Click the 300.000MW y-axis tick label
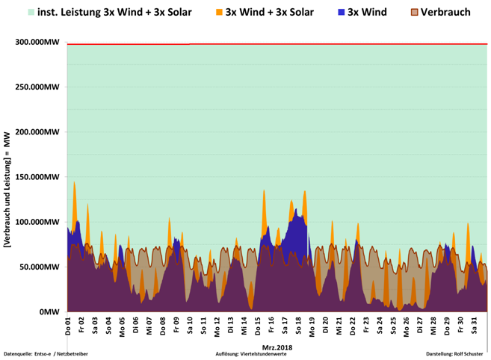[37, 43]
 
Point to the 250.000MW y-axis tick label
[37, 87]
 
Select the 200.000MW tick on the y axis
[37, 132]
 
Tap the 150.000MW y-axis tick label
[37, 177]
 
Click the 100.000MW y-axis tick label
[37, 222]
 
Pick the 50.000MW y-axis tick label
[40, 267]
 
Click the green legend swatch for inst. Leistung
[31, 13]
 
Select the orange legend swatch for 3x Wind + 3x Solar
[218, 13]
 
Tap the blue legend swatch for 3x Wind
[342, 13]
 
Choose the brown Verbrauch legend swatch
[414, 13]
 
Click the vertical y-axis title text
[7, 177]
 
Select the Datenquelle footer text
[46, 353]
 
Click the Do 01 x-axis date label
[68, 326]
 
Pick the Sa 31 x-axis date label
[474, 326]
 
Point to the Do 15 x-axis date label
[258, 326]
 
